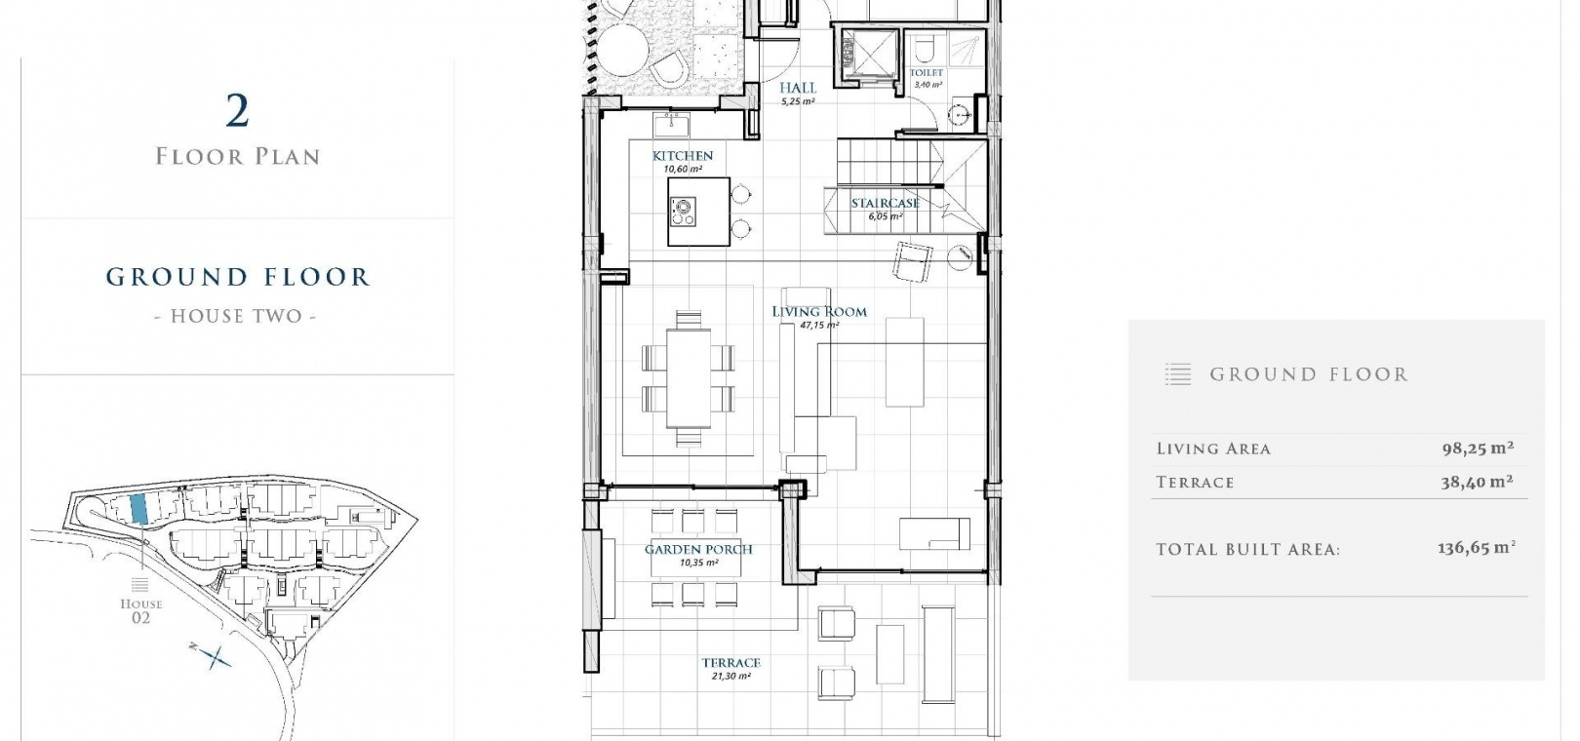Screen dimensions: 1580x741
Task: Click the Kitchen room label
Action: point(682,156)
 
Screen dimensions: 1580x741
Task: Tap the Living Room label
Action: point(819,312)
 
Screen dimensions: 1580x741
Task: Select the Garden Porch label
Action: point(698,549)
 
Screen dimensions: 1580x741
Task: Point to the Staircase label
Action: point(886,203)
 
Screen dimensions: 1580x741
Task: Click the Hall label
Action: point(798,88)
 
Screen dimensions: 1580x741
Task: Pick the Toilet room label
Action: point(927,72)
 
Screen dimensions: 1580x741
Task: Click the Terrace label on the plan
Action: point(731,663)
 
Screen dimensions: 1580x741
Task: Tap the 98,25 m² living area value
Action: point(1478,448)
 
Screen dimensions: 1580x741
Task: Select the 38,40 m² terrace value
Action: point(1477,483)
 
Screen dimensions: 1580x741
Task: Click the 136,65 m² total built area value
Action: point(1477,548)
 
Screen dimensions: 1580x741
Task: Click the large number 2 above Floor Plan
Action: point(238,111)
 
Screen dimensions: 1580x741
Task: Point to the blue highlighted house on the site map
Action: point(138,508)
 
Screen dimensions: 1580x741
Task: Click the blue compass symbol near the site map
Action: point(211,656)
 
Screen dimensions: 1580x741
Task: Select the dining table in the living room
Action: point(689,378)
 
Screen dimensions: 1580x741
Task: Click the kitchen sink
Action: point(671,126)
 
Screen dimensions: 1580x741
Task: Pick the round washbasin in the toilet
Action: point(959,114)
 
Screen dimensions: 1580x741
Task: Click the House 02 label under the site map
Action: point(141,610)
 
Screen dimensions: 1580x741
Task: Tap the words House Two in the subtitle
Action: point(236,316)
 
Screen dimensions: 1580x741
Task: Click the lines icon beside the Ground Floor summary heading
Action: point(1178,374)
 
